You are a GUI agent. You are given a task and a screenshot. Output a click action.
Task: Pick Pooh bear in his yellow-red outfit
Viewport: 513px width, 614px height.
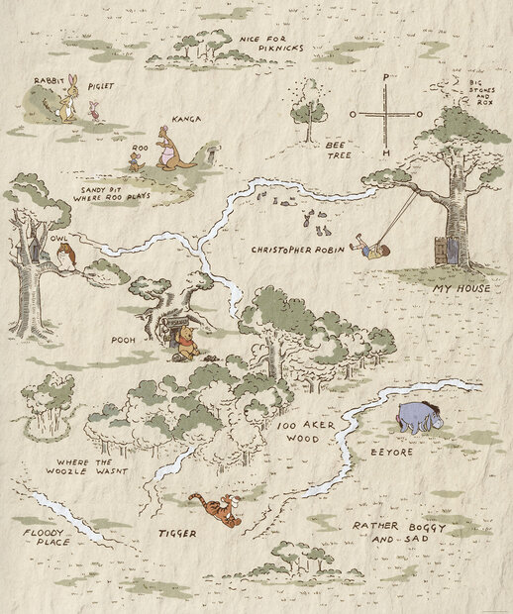(x=190, y=344)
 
